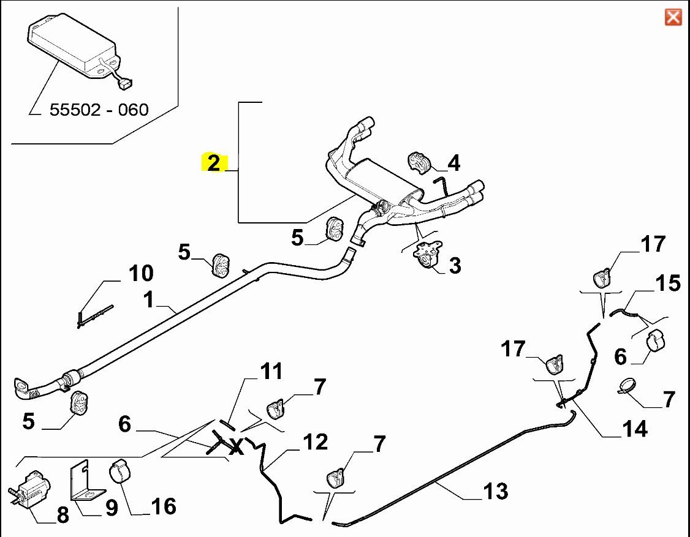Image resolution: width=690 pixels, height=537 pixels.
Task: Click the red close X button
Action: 673,17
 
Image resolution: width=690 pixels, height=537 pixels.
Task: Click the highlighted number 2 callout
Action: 213,163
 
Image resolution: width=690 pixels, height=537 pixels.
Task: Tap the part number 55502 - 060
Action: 99,110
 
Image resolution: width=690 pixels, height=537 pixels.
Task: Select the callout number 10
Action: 140,273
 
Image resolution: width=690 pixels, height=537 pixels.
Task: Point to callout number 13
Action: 495,490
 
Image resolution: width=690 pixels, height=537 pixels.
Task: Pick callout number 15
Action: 667,284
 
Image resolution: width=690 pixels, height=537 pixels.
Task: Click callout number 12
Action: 315,442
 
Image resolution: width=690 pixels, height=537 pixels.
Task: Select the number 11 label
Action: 271,371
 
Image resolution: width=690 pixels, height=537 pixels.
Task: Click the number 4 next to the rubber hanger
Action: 453,163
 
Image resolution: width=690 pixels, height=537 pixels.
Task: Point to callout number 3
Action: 455,266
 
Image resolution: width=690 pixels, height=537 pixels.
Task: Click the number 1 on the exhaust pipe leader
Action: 148,300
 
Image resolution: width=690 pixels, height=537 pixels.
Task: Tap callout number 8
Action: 63,516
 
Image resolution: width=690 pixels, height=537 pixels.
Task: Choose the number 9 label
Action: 110,508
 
